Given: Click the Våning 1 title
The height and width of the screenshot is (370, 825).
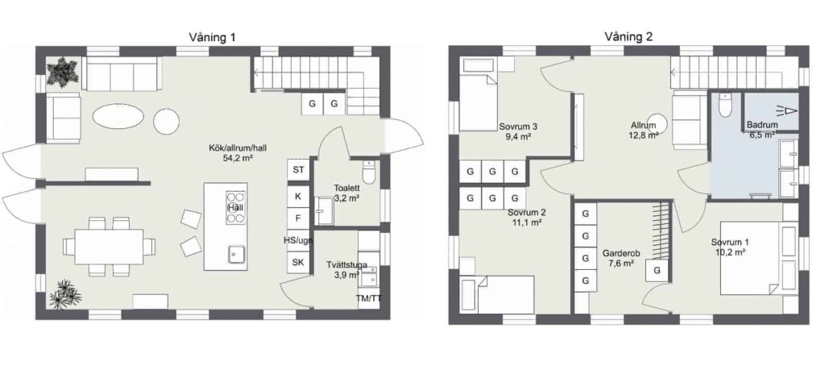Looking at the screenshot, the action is coord(212,37).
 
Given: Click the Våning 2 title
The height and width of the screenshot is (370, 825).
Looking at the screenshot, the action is coord(628,37).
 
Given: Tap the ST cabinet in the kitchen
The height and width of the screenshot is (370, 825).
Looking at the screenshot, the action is coord(298,169).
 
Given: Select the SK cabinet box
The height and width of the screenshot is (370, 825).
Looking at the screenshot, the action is coord(298,263).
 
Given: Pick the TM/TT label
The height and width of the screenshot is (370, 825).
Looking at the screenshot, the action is coord(369,299).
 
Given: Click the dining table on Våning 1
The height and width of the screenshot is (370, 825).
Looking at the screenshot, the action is coord(109,247).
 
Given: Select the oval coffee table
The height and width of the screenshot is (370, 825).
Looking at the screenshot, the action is coord(117,114).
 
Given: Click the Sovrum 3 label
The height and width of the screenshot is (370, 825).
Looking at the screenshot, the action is coord(519,127).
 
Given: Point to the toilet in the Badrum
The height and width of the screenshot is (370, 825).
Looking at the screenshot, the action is coord(726,106).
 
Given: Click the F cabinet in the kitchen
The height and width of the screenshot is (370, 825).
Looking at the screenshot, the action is coord(298,218).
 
